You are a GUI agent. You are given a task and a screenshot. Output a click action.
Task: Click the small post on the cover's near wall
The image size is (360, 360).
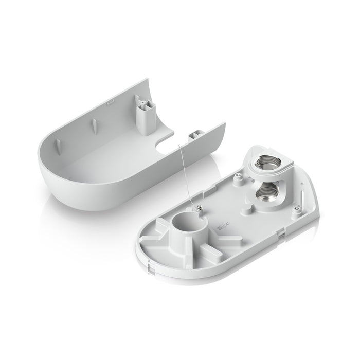click(x=194, y=134)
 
